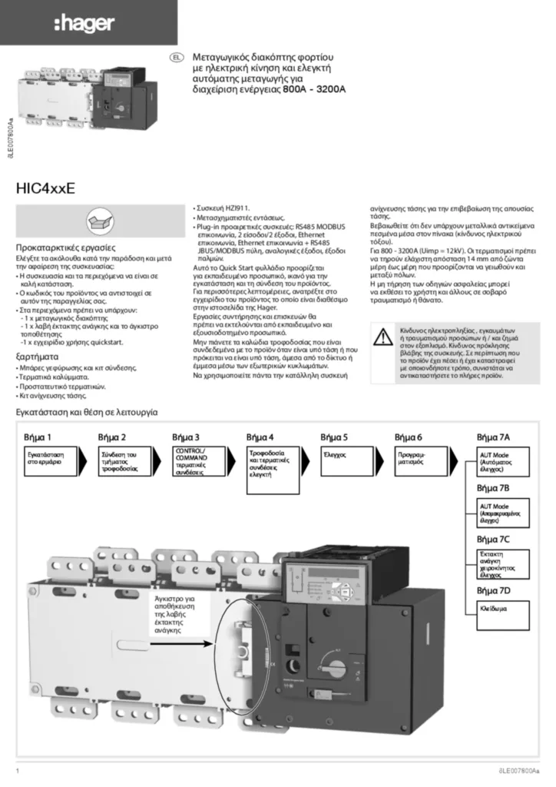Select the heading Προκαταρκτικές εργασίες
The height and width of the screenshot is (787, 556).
point(66,248)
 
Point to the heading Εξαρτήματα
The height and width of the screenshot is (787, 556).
point(38,357)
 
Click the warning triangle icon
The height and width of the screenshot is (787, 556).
point(382,335)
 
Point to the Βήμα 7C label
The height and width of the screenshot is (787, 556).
point(493,539)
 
